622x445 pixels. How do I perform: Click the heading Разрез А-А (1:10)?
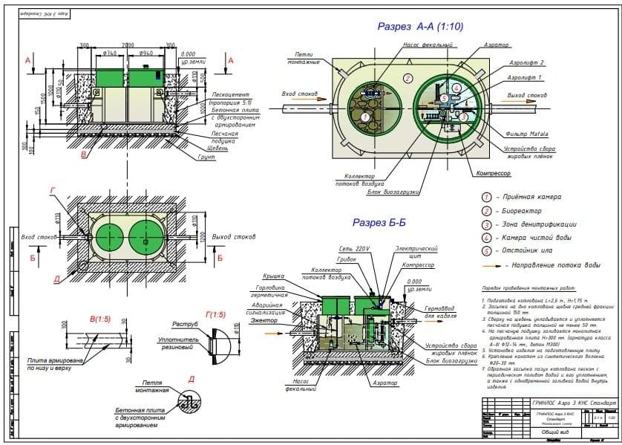click(421, 27)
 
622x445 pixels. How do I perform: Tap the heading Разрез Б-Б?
click(379, 222)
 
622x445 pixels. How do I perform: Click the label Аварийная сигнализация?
click(269, 310)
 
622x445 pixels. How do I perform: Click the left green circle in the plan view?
click(108, 238)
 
